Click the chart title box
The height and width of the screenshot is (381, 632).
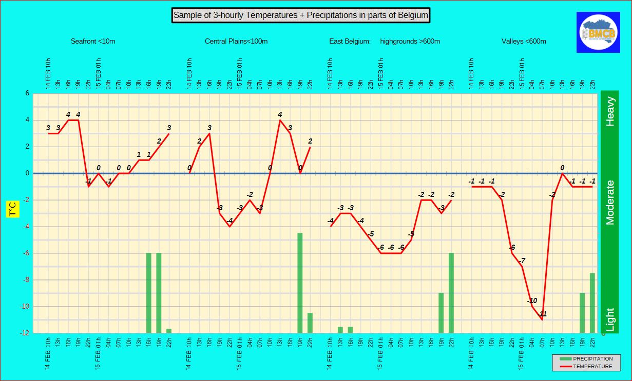pyautogui.click(x=300, y=15)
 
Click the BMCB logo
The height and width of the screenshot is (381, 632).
pyautogui.click(x=599, y=32)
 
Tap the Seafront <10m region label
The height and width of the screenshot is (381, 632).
pyautogui.click(x=93, y=42)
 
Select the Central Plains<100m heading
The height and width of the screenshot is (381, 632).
pyautogui.click(x=236, y=42)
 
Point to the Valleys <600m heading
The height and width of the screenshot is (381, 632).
pyautogui.click(x=524, y=42)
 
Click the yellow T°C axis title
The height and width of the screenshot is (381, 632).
pyautogui.click(x=12, y=209)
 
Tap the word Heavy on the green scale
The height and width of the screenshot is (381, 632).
pyautogui.click(x=610, y=111)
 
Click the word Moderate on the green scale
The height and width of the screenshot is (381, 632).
pyautogui.click(x=610, y=202)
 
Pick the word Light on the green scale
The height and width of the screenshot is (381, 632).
pyautogui.click(x=610, y=319)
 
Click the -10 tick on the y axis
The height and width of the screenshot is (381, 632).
pyautogui.click(x=25, y=307)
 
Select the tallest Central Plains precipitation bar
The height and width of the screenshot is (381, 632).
pyautogui.click(x=300, y=283)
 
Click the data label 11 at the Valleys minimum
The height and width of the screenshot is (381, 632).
pyautogui.click(x=543, y=314)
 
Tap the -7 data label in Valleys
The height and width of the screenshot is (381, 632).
pyautogui.click(x=522, y=260)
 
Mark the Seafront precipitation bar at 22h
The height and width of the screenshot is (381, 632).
pyautogui.click(x=169, y=331)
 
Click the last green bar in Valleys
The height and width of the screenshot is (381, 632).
pyautogui.click(x=592, y=303)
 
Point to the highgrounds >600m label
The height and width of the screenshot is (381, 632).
pyautogui.click(x=410, y=42)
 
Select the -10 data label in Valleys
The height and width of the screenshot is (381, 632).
pyautogui.click(x=532, y=300)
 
